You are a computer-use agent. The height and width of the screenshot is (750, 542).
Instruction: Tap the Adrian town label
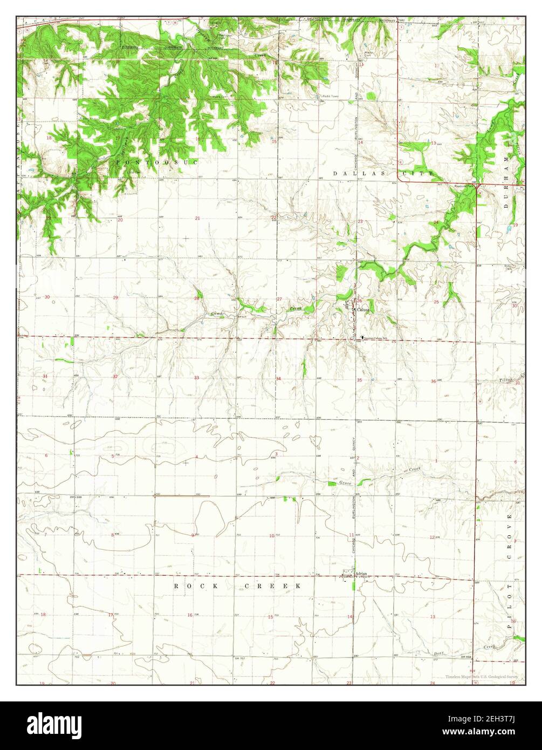click(x=361, y=574)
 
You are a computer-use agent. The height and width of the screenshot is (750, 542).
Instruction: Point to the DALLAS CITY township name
click(x=383, y=174)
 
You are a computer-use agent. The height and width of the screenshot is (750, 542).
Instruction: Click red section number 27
click(x=279, y=299)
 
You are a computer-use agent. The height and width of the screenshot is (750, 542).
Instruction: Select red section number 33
click(x=197, y=378)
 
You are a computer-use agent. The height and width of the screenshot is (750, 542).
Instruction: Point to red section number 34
click(x=278, y=379)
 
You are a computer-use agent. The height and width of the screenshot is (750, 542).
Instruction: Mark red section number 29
click(x=115, y=298)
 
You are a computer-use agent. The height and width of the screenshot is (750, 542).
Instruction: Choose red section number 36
click(x=433, y=382)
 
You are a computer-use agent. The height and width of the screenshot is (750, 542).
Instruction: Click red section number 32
click(x=115, y=377)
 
